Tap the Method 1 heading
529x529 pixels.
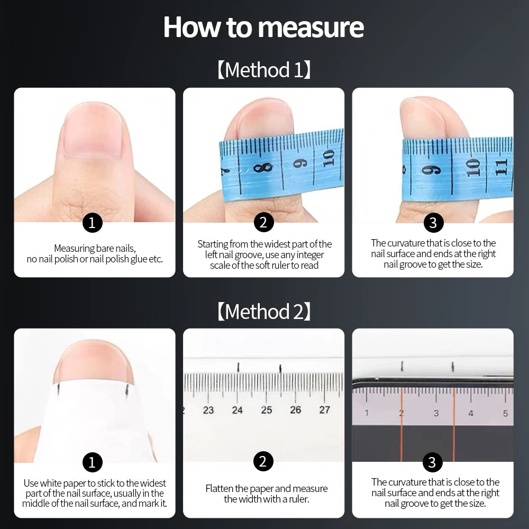point(264,70)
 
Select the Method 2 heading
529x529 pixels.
point(264,311)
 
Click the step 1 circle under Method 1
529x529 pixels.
point(92,223)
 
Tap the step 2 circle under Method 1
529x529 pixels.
point(263,222)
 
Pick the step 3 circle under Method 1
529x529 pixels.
point(433,223)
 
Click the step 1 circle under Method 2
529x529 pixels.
point(92,462)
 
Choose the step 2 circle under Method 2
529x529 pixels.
point(263,461)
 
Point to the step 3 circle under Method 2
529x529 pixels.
point(433,462)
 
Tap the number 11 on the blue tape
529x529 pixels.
point(501,167)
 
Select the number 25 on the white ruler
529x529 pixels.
point(267,410)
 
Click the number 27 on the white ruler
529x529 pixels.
point(325,409)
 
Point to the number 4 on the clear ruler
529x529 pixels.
point(471,413)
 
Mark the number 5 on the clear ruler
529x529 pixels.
point(505,413)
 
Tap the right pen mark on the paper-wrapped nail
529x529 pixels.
point(127,389)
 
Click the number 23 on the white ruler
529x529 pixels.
point(208,410)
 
